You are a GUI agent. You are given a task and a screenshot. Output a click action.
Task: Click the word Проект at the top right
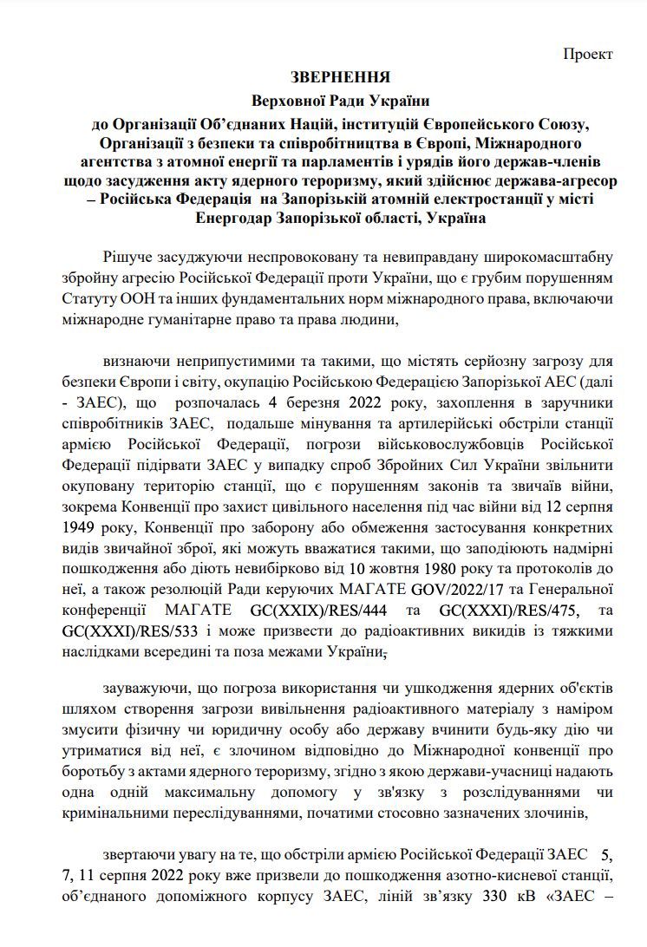(x=588, y=54)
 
